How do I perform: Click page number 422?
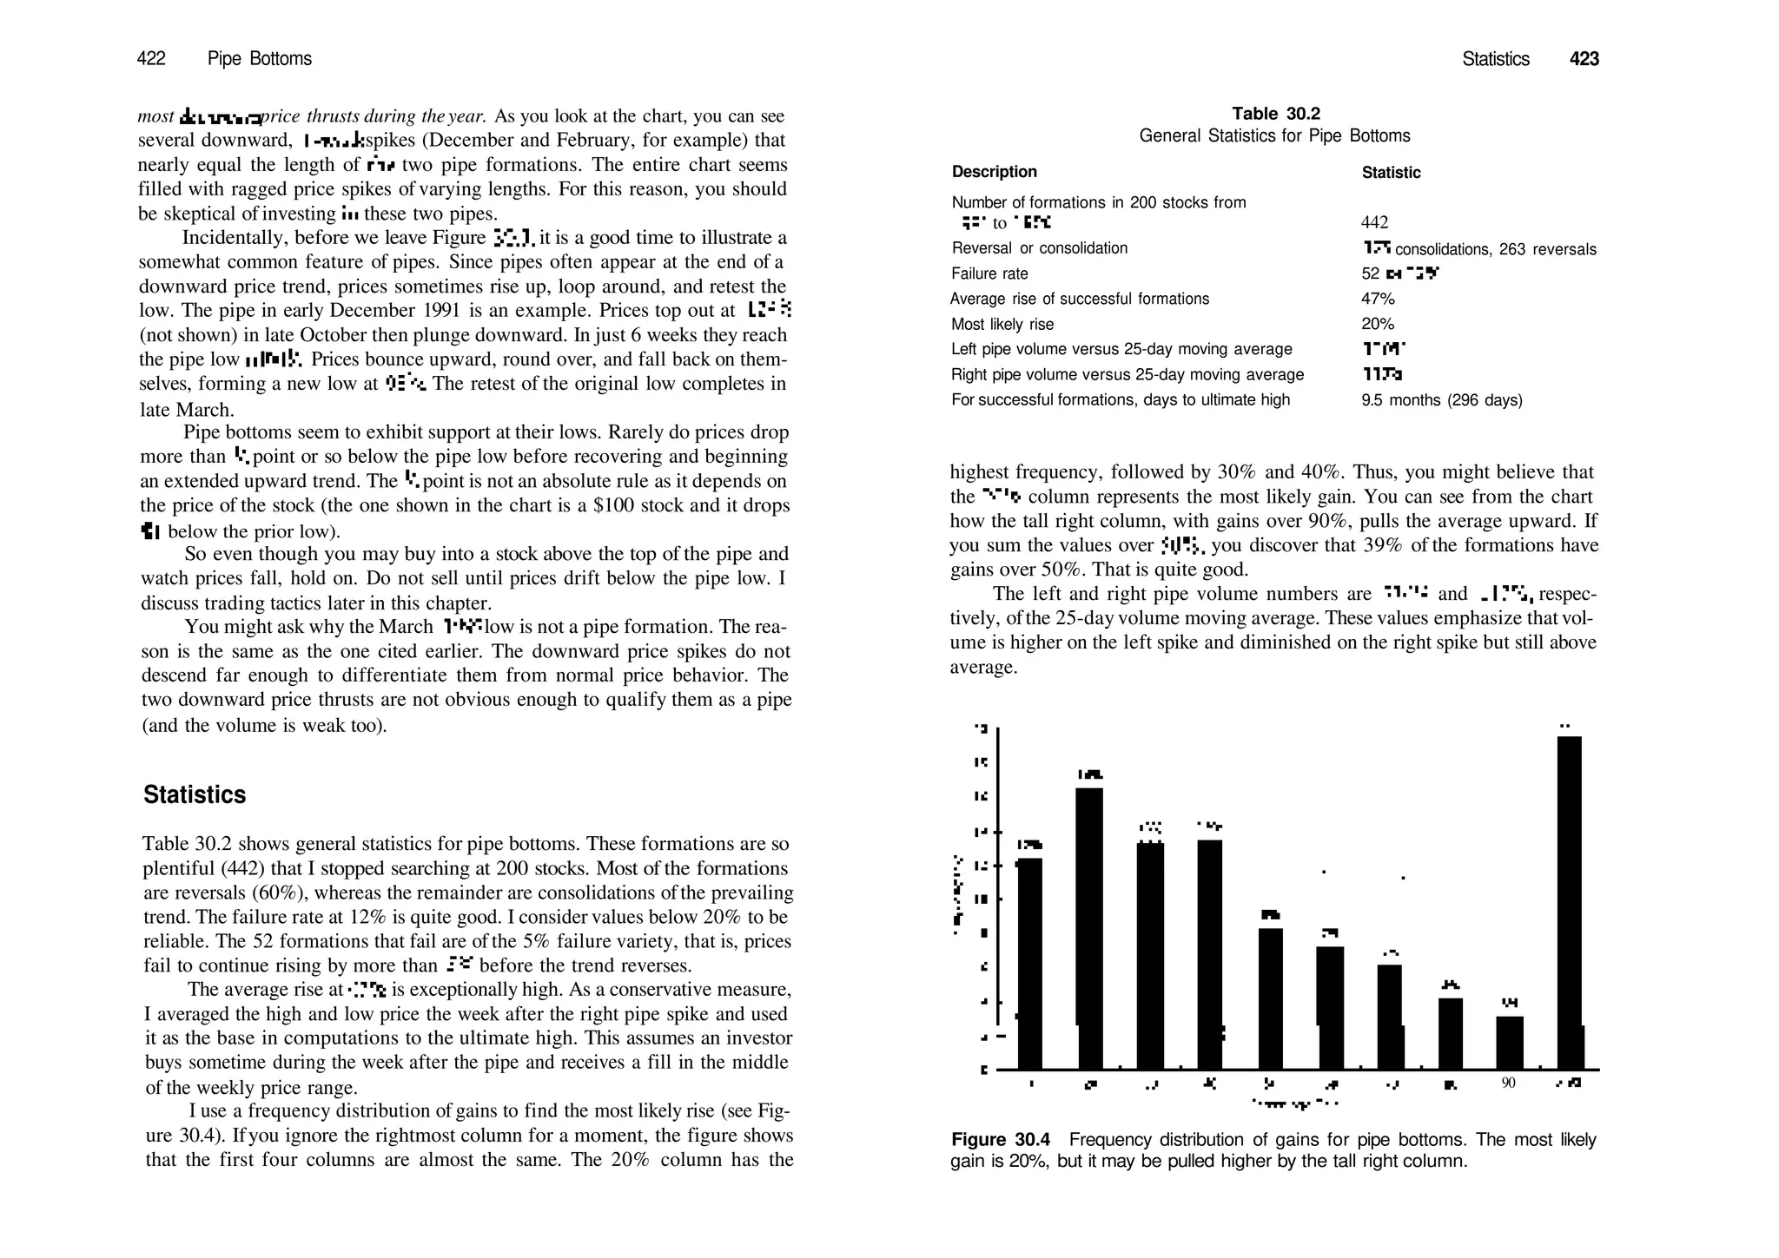(x=151, y=58)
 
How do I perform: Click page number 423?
(x=1584, y=59)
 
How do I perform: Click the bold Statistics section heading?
(x=195, y=794)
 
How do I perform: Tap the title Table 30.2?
(x=1275, y=114)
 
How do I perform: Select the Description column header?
(x=994, y=172)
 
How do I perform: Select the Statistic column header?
(x=1391, y=173)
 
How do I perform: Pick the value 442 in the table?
(x=1375, y=223)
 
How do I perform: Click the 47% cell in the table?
(x=1377, y=299)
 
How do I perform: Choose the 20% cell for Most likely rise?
(x=1377, y=324)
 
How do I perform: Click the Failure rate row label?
(x=989, y=273)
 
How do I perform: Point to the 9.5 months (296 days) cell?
(x=1441, y=400)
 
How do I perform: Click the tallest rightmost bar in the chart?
(x=1569, y=903)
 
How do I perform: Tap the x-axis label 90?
(x=1508, y=1083)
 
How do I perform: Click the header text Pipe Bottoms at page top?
(x=259, y=58)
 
